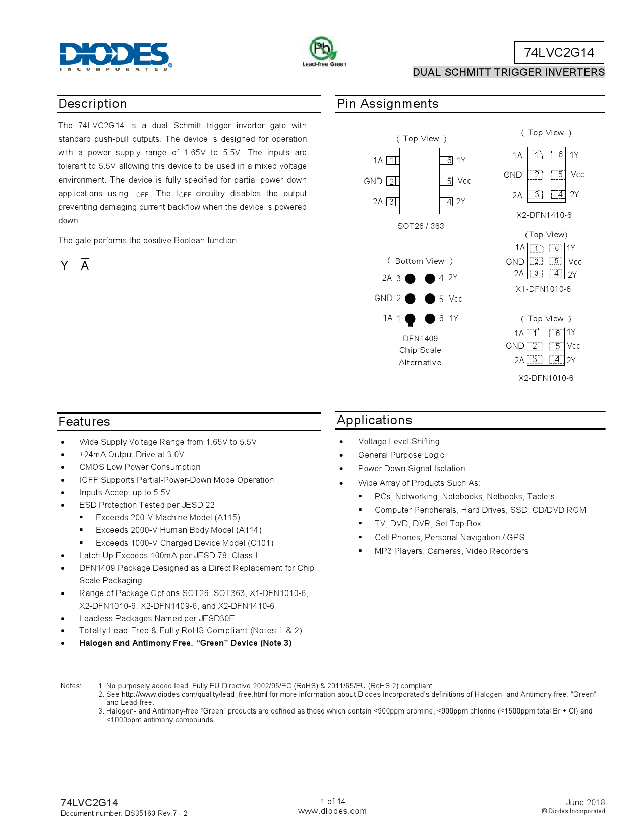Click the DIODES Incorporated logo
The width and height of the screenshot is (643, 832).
[115, 56]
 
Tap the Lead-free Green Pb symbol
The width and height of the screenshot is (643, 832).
[323, 50]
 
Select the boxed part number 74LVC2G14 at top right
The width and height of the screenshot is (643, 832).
[559, 52]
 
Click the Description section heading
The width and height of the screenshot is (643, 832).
[92, 104]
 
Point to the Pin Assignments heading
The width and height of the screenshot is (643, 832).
[387, 104]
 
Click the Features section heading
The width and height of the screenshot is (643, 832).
[84, 422]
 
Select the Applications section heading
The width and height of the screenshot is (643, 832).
[374, 420]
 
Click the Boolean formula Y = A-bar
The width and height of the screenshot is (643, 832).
[75, 266]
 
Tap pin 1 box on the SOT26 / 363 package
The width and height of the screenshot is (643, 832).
[392, 160]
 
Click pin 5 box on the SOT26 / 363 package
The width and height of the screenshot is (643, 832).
[447, 181]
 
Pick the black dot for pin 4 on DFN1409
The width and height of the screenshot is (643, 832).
[430, 278]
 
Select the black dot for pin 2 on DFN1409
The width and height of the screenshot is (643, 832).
[411, 299]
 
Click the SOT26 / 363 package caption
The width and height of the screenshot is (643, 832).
[421, 226]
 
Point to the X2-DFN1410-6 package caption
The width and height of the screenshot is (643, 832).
[544, 215]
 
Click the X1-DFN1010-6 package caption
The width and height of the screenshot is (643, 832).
[543, 289]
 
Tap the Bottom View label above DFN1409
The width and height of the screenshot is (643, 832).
[420, 261]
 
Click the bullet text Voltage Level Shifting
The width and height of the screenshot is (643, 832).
[398, 442]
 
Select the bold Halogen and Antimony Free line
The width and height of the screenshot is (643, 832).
[185, 643]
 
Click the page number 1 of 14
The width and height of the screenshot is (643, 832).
[333, 801]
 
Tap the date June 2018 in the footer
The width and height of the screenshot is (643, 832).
[585, 802]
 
